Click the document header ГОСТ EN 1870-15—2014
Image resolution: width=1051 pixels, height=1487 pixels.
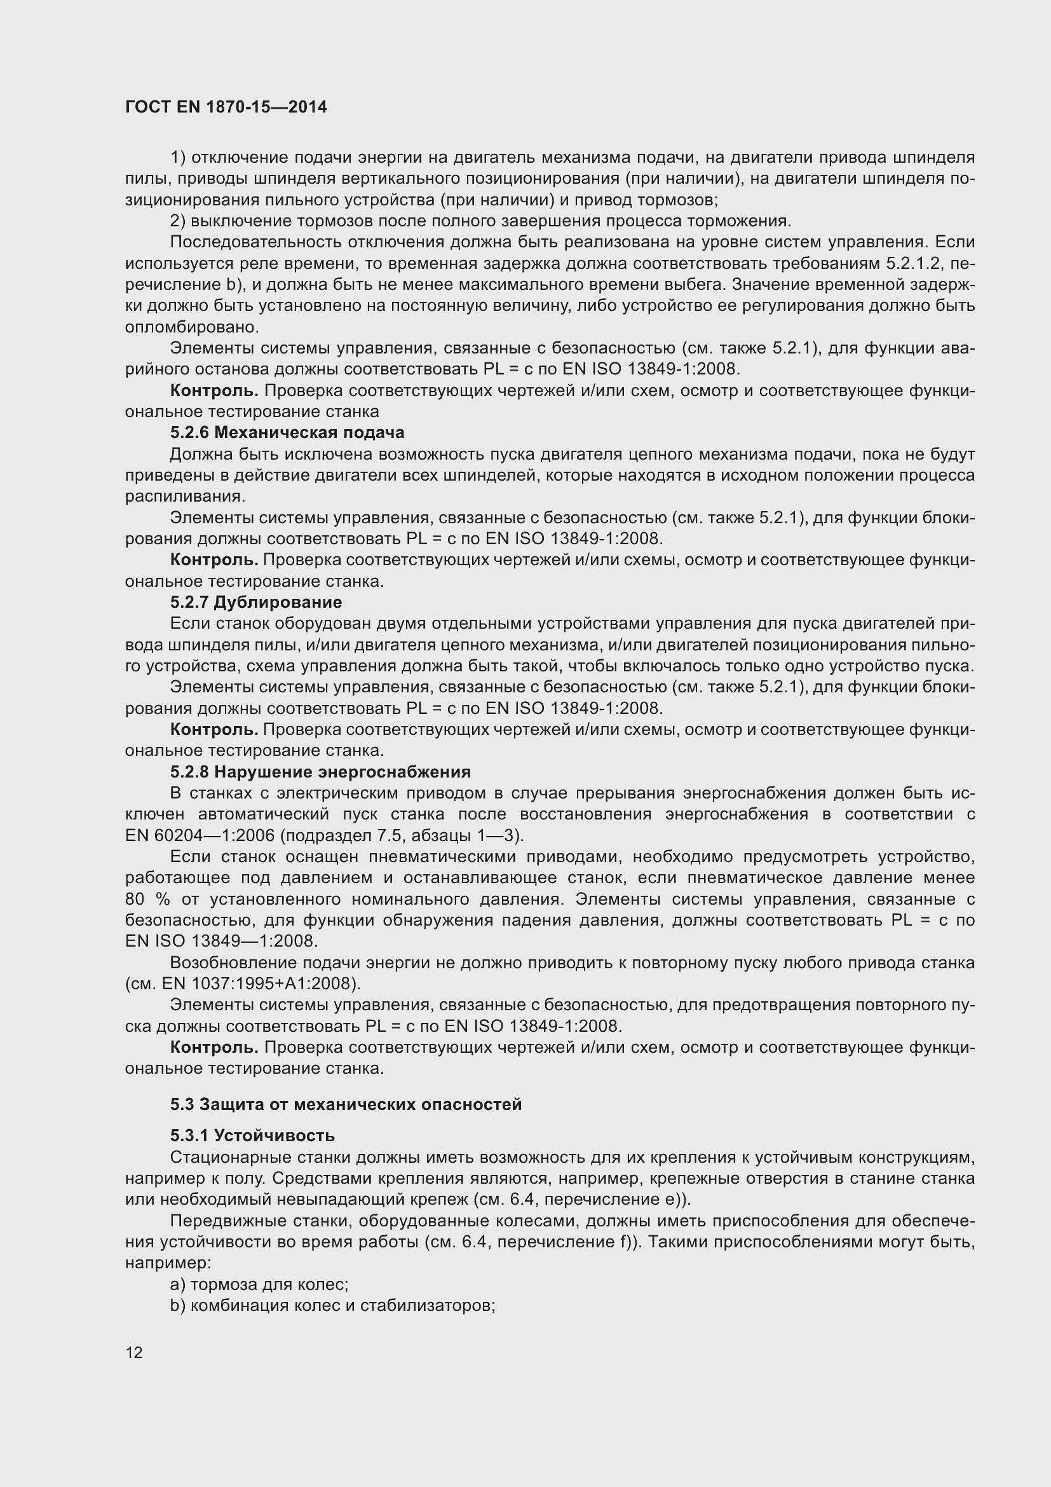click(x=226, y=107)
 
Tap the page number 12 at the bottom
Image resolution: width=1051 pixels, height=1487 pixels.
click(x=134, y=1352)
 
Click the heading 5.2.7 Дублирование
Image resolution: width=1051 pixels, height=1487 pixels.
click(x=255, y=602)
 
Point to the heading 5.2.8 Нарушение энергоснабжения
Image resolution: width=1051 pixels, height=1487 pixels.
click(x=320, y=772)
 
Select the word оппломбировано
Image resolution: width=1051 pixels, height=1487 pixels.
click(x=191, y=327)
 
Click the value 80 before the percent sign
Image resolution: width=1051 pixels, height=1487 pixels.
click(x=135, y=900)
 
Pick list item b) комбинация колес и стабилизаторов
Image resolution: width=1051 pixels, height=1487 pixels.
click(x=332, y=1306)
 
